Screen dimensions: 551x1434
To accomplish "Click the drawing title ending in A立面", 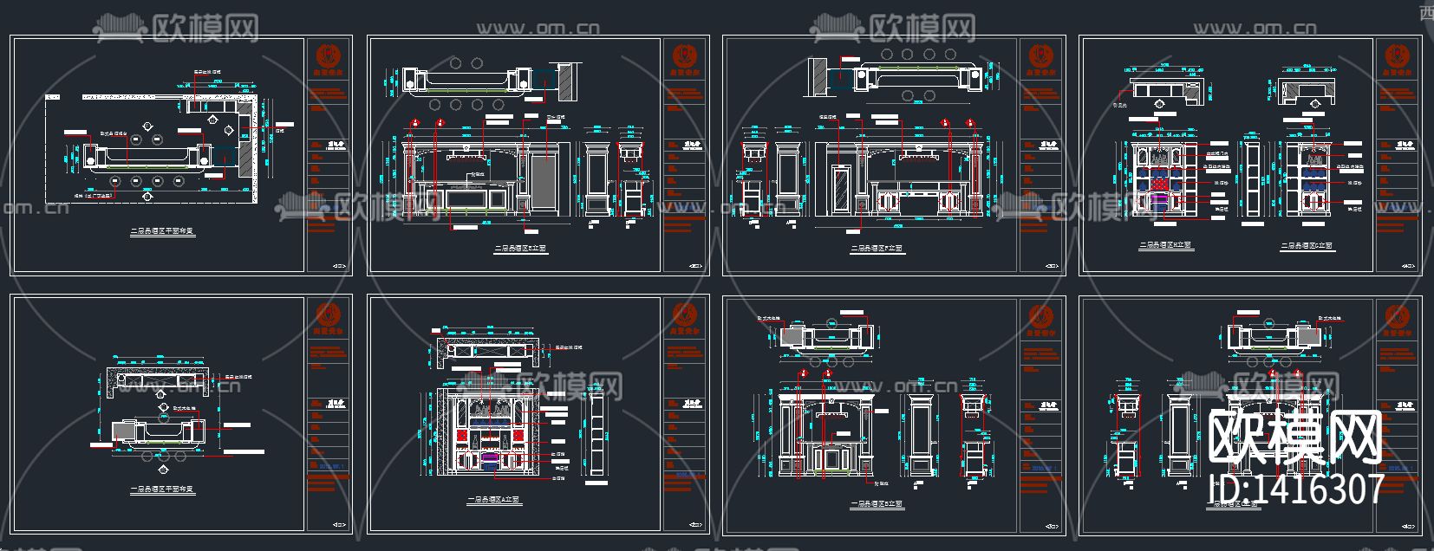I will point(494,501).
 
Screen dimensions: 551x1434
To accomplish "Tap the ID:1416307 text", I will point(1296,489).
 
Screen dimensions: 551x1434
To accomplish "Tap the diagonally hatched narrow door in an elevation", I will point(839,190).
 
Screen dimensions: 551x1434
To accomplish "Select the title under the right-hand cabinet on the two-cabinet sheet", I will point(1307,246).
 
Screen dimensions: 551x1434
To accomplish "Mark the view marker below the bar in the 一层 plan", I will point(163,469).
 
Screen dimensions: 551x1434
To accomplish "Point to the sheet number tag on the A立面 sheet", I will point(692,524).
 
